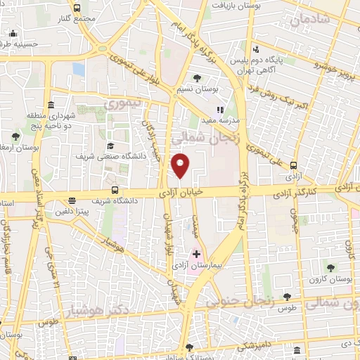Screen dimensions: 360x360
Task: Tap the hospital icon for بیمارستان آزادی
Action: tap(197, 253)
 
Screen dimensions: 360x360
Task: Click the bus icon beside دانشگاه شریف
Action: tap(115, 190)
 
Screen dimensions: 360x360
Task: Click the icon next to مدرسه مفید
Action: tap(220, 110)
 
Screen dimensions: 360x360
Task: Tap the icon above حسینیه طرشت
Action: tap(13, 32)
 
